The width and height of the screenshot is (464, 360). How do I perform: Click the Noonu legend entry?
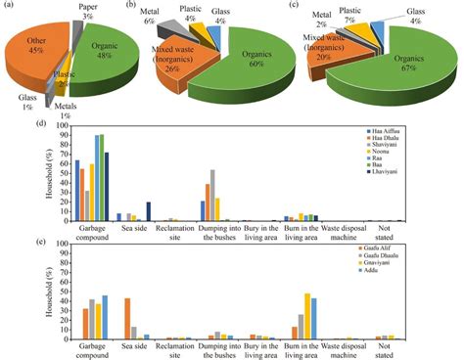point(411,154)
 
